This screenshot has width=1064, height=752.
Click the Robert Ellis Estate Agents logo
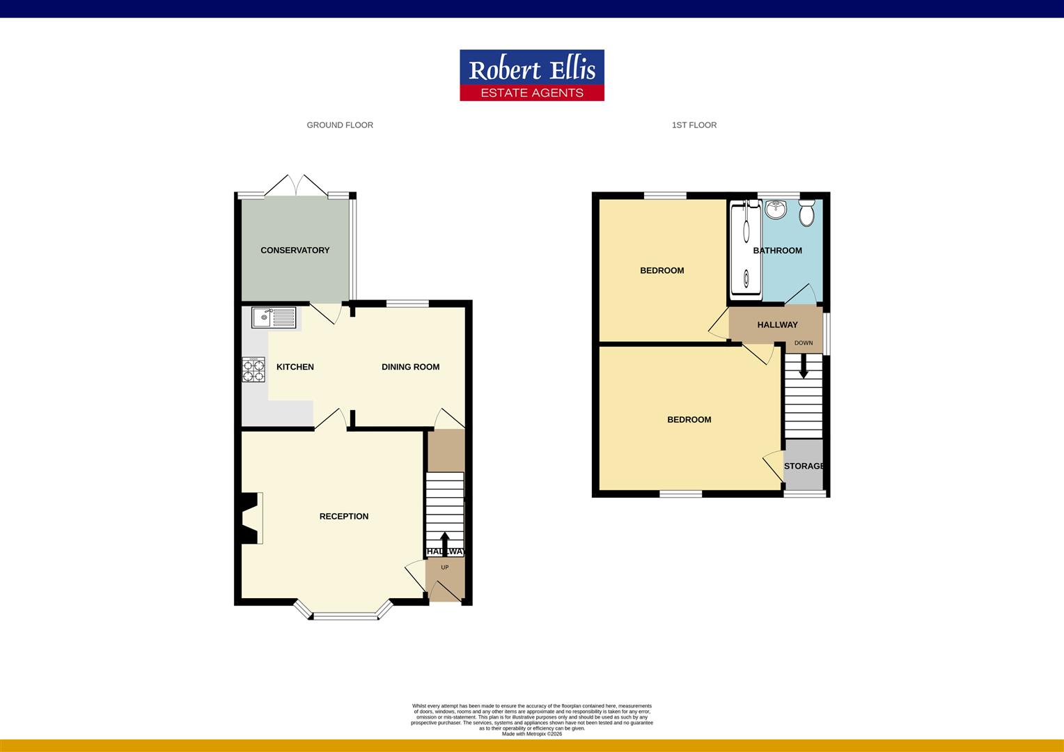tap(531, 75)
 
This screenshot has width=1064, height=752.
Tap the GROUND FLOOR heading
tap(340, 125)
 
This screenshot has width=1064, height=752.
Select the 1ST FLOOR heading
tap(694, 125)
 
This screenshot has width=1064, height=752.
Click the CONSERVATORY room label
tap(295, 250)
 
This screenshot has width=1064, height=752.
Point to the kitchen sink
tap(274, 318)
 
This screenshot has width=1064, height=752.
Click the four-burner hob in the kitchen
tap(253, 370)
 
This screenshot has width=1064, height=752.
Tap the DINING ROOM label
tap(410, 367)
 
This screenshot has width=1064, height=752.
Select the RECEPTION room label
tap(343, 516)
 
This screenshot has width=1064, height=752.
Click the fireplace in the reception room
tap(251, 517)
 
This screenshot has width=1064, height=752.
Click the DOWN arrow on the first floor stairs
tap(804, 366)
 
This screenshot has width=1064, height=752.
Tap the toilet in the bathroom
tap(806, 213)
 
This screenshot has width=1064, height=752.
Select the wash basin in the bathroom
tap(775, 209)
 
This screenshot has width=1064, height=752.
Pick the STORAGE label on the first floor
tap(804, 466)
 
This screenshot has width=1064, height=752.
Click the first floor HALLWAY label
tap(777, 324)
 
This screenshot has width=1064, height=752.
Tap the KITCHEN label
tap(295, 367)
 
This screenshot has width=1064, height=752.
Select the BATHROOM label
tap(777, 251)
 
